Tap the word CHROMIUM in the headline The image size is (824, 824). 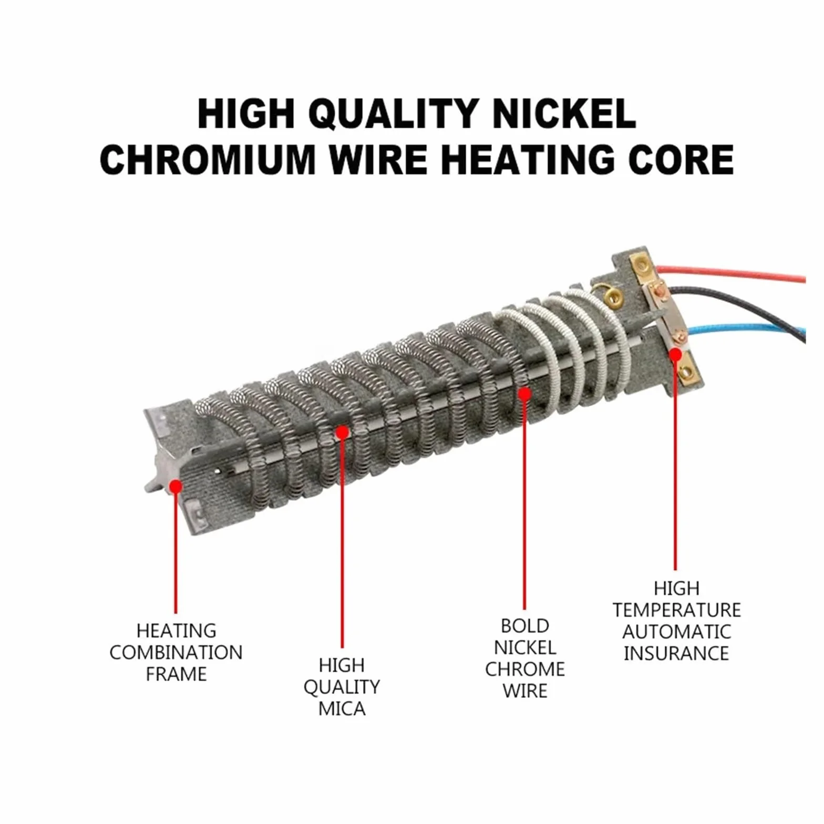pos(208,159)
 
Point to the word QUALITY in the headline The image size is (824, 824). pos(393,114)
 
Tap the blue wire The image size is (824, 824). pos(746,331)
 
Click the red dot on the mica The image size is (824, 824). pos(342,432)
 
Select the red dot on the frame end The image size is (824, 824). pos(176,486)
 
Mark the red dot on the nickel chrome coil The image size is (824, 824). pos(524,393)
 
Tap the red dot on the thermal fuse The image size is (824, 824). pos(675,355)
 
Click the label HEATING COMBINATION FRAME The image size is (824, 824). pos(176,652)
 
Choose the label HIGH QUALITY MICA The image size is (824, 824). pos(342,687)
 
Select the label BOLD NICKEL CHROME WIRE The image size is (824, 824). pos(525,658)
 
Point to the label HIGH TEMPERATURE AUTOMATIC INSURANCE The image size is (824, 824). pos(676,621)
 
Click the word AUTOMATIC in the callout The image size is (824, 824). pos(676,632)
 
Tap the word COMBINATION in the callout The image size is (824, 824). pos(176,652)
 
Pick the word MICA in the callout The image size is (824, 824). pos(342,708)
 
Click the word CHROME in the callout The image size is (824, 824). pos(525,669)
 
